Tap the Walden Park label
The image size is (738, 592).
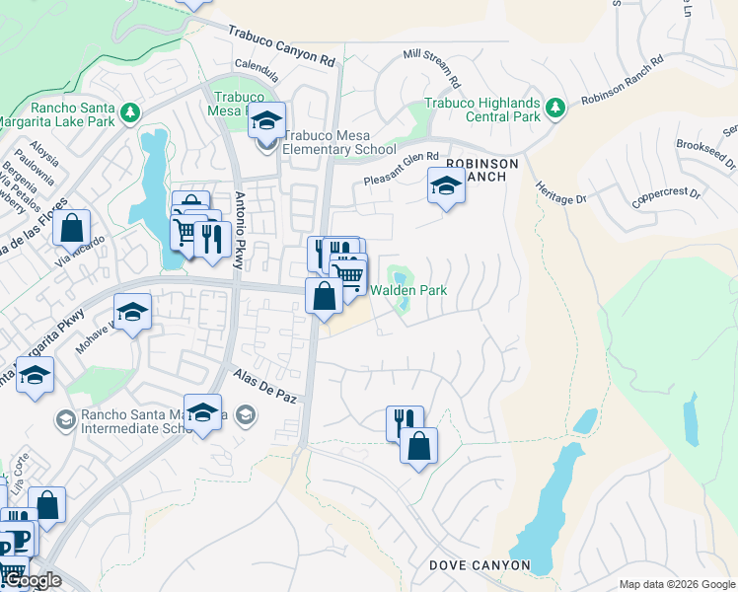point(408,290)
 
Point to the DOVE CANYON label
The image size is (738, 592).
point(480,566)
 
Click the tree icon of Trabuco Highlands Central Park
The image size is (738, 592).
point(555,107)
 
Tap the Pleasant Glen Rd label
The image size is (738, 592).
point(400,168)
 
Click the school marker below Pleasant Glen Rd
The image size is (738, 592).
point(446,185)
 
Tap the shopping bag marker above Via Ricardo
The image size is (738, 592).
point(71,229)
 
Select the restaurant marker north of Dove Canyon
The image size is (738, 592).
point(405,422)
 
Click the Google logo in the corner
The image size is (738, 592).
point(31,581)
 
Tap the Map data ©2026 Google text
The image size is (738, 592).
point(676,584)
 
